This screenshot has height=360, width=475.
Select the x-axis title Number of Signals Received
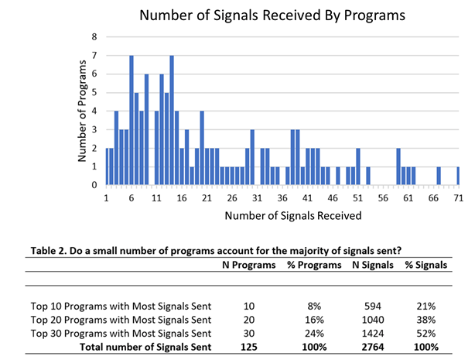[292, 215]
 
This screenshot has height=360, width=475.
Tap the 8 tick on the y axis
[95, 36]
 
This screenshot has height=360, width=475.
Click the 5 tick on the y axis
[95, 92]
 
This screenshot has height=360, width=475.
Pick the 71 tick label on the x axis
[458, 198]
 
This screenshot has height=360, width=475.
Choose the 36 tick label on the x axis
[282, 198]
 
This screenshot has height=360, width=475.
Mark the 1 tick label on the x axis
[106, 198]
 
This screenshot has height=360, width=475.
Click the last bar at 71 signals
[458, 176]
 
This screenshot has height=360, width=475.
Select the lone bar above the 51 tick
[357, 166]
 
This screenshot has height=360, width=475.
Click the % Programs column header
[315, 265]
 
